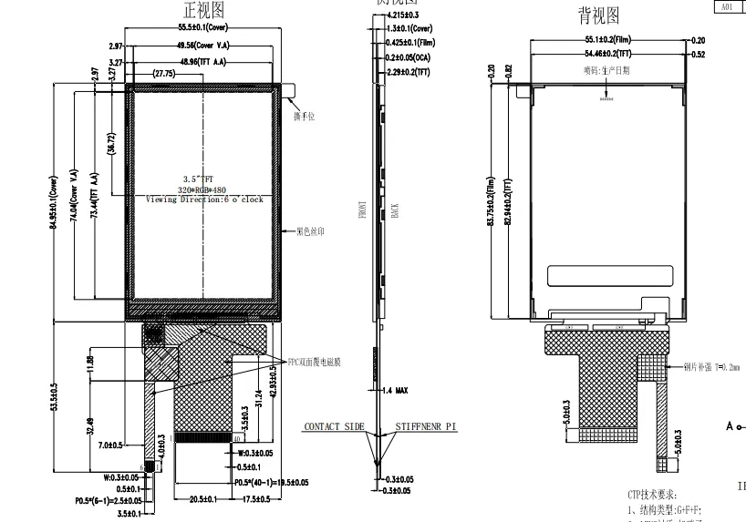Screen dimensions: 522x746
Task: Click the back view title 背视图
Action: tap(598, 15)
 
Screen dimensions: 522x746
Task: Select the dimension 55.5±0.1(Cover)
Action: tap(202, 28)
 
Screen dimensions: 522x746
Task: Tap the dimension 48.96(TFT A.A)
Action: tap(202, 62)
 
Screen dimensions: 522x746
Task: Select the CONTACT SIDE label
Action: tap(334, 426)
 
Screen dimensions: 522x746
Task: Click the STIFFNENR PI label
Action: tap(426, 426)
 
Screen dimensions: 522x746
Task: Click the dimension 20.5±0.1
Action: tap(202, 499)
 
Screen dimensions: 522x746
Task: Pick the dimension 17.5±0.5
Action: tap(258, 499)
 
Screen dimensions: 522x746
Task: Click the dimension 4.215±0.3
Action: tap(404, 16)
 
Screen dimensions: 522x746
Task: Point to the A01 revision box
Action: tap(727, 6)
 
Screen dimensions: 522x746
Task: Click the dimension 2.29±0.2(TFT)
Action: tap(408, 71)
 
